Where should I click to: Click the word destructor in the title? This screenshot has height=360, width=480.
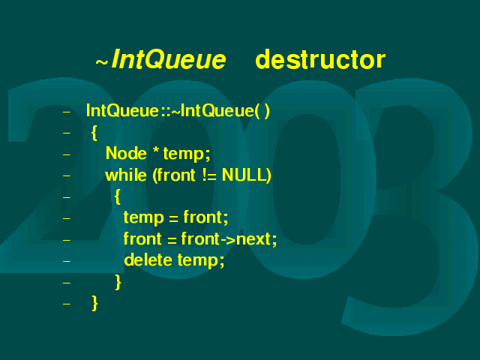pyautogui.click(x=320, y=60)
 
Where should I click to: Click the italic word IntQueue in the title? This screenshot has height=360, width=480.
pyautogui.click(x=169, y=59)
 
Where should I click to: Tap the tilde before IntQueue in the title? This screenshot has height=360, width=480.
pyautogui.click(x=102, y=62)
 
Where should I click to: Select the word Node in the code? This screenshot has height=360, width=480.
pyautogui.click(x=126, y=153)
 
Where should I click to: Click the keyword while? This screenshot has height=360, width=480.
pyautogui.click(x=126, y=175)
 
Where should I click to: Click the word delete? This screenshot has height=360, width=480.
pyautogui.click(x=148, y=260)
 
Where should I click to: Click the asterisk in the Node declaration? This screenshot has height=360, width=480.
pyautogui.click(x=156, y=150)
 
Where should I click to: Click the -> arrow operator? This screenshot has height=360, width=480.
pyautogui.click(x=228, y=239)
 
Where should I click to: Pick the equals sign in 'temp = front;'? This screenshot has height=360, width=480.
pyautogui.click(x=173, y=218)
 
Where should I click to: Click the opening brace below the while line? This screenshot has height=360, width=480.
pyautogui.click(x=117, y=196)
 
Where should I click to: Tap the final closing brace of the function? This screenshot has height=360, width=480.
pyautogui.click(x=95, y=303)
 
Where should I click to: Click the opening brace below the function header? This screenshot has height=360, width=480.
pyautogui.click(x=94, y=133)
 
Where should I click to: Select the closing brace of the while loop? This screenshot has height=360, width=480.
pyautogui.click(x=118, y=282)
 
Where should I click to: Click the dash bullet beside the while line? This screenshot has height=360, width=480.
pyautogui.click(x=67, y=175)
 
